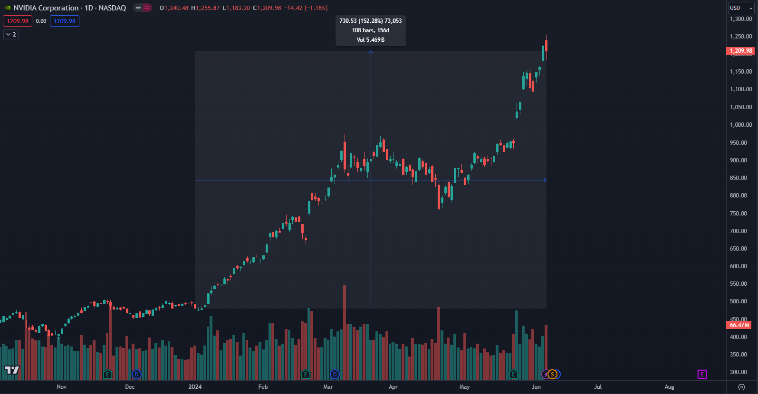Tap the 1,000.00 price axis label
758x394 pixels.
(x=741, y=125)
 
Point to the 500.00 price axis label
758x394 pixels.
(x=741, y=301)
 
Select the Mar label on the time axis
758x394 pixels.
(x=328, y=387)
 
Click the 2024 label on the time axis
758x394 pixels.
(x=195, y=387)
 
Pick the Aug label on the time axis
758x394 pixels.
(x=669, y=387)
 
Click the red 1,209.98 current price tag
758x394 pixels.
(x=740, y=51)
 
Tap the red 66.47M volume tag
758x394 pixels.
(x=739, y=325)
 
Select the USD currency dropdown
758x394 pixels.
(x=741, y=8)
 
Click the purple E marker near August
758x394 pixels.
(x=702, y=375)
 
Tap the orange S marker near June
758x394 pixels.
(x=552, y=375)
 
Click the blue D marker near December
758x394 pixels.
(x=136, y=375)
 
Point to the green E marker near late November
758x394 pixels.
(x=107, y=375)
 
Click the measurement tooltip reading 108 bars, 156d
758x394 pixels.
(x=371, y=30)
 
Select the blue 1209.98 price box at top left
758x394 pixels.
(x=65, y=21)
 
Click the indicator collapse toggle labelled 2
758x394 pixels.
(x=10, y=35)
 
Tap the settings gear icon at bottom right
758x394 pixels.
(x=741, y=387)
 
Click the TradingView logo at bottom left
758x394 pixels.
(x=12, y=370)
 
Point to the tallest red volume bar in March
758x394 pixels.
(x=345, y=332)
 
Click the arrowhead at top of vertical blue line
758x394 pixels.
(x=371, y=52)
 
